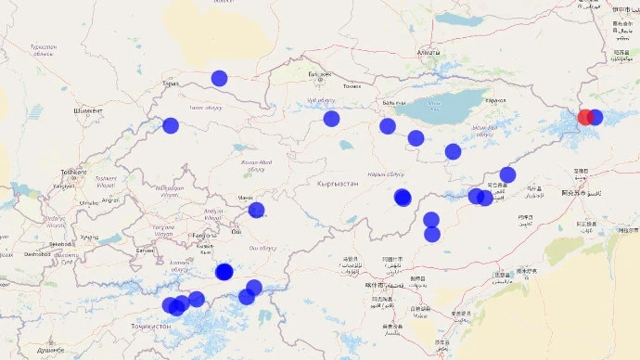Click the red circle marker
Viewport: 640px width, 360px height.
coord(585,117)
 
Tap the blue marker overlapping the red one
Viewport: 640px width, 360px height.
coord(595,117)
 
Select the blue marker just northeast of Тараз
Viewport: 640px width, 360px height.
coord(219,78)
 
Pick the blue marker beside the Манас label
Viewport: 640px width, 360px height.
coord(256,211)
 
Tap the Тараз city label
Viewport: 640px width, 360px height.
coord(170,84)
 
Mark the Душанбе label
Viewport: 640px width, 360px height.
coord(50,350)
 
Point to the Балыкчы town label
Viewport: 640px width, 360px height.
coord(394,102)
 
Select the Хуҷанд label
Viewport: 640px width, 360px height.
coord(89,237)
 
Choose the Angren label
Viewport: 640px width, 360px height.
coord(109,199)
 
